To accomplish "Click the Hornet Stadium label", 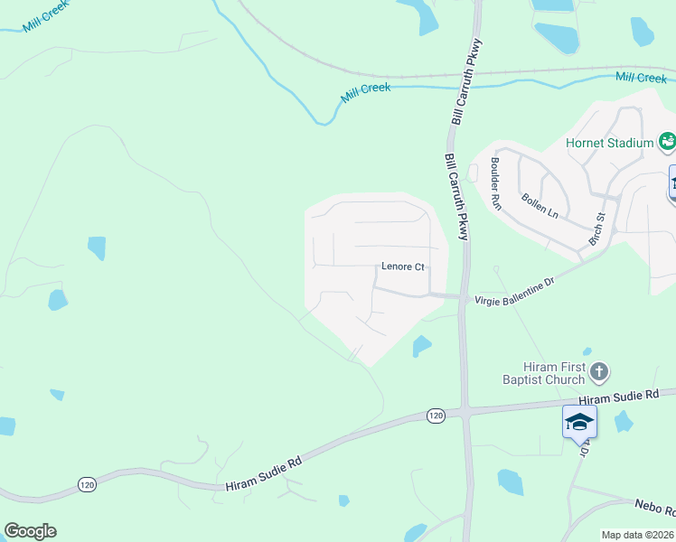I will point(609,143).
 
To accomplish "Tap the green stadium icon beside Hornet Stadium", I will point(667,141).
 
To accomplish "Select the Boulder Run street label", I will point(495,184).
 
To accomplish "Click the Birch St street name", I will point(596,229).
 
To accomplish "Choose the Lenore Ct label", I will point(402,267).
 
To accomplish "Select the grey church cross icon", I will point(598,370).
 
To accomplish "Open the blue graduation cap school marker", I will point(578,422).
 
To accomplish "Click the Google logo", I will point(30,531).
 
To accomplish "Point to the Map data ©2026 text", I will point(638,535).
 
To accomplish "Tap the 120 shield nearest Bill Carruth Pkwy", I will point(436,415).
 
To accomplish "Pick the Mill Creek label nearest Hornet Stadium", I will point(641,79).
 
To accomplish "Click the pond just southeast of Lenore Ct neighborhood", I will point(421,346).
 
